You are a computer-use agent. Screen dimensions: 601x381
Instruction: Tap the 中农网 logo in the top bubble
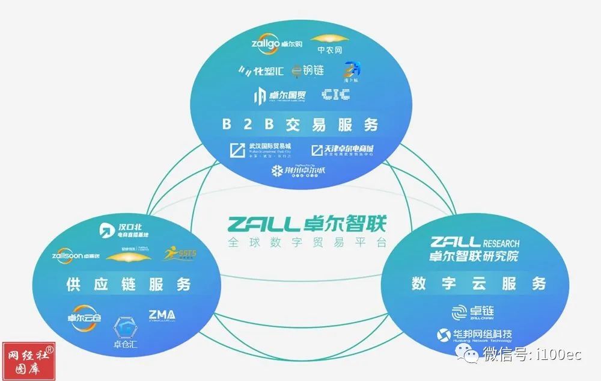click(x=329, y=44)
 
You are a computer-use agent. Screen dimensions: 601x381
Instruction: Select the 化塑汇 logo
click(x=261, y=70)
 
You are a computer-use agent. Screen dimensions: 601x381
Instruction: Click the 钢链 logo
click(x=308, y=70)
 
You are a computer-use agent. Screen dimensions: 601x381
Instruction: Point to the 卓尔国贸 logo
click(x=276, y=95)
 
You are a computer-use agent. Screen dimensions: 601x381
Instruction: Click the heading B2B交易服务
click(x=300, y=125)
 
